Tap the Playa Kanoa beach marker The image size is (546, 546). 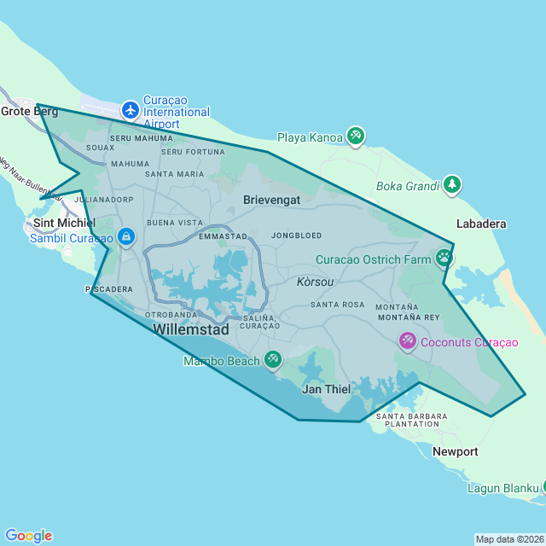(x=356, y=136)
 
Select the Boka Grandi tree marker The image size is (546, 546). (x=451, y=184)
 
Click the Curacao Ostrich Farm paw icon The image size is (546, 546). (x=444, y=257)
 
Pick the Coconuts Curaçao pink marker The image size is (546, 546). (x=407, y=341)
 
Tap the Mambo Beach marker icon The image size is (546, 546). (x=272, y=360)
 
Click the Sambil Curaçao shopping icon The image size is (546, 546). (x=125, y=235)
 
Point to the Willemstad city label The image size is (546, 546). (x=190, y=328)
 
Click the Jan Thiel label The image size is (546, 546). (x=327, y=389)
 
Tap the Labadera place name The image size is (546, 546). (x=481, y=224)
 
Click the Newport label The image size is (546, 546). (x=455, y=451)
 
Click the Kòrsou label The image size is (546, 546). (x=315, y=282)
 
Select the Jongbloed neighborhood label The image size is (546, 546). (x=296, y=235)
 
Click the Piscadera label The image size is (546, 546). (x=109, y=289)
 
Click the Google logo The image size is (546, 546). (x=28, y=535)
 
